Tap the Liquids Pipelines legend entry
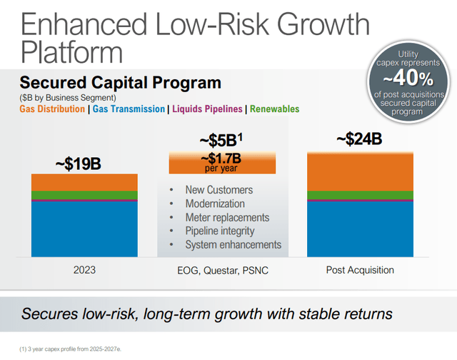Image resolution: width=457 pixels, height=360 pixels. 207,109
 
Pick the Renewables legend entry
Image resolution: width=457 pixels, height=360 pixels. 275,109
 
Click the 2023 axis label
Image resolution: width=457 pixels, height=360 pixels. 84,270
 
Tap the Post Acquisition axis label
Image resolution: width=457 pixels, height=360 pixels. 359,270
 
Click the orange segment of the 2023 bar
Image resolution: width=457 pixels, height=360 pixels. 84,182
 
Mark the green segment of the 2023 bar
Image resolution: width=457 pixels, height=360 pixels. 84,195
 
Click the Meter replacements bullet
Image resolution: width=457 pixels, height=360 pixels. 226,217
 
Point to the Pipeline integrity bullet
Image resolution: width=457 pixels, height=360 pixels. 219,231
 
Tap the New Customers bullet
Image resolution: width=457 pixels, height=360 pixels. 219,190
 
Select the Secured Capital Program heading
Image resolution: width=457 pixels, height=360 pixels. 121,83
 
